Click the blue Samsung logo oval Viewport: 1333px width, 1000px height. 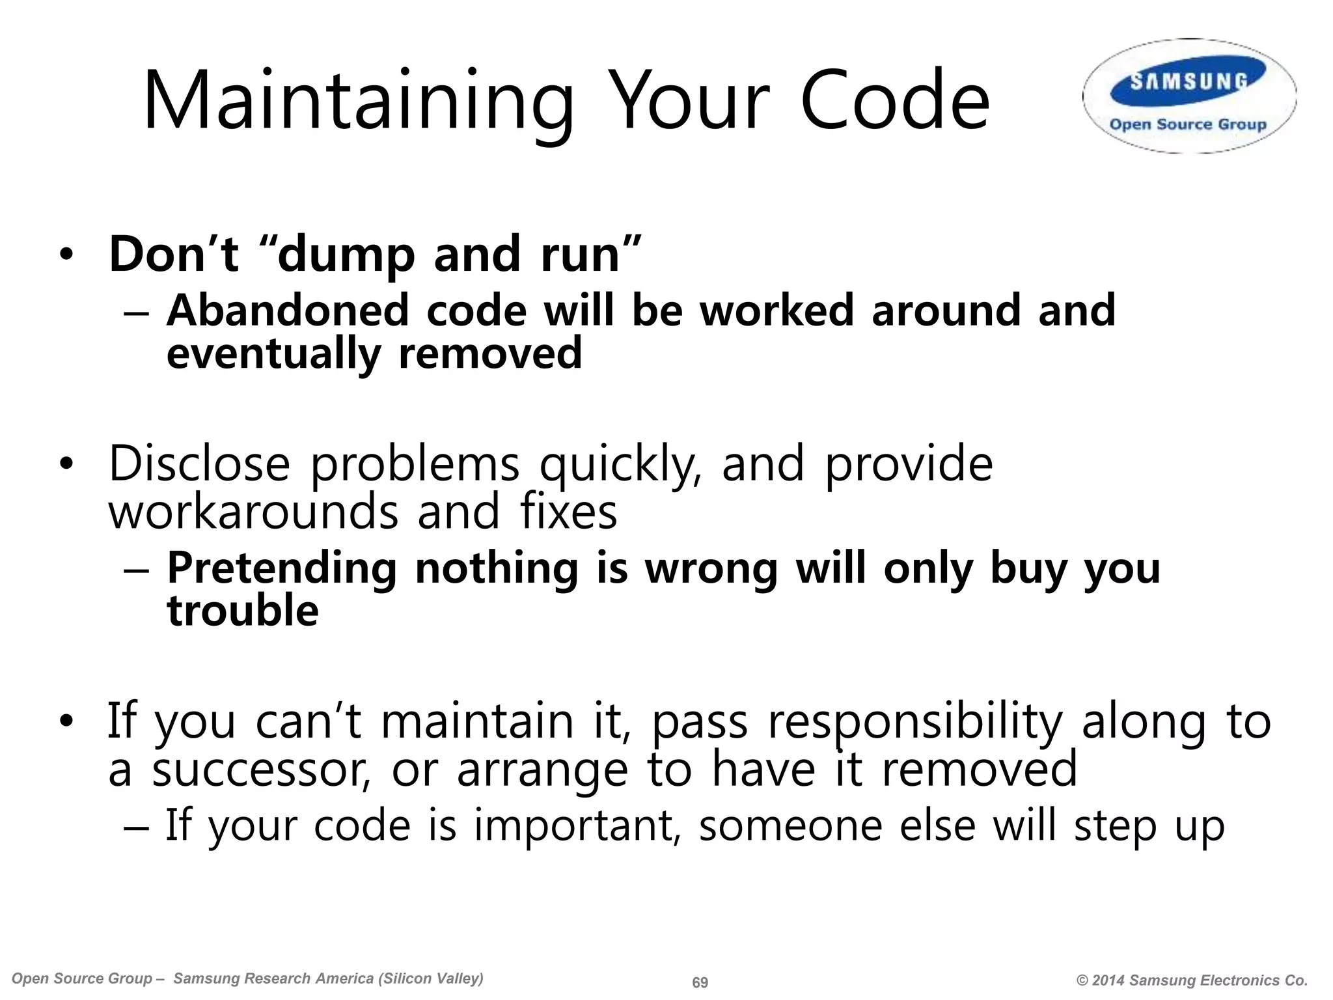point(1189,81)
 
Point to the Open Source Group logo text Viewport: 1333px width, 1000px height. point(1188,124)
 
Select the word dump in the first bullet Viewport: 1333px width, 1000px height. point(346,255)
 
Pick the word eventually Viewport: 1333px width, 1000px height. point(273,354)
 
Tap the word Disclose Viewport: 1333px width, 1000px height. point(199,464)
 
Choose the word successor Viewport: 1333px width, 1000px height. point(261,769)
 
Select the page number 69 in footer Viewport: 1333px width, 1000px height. point(700,982)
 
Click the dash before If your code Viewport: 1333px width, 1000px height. point(137,827)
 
